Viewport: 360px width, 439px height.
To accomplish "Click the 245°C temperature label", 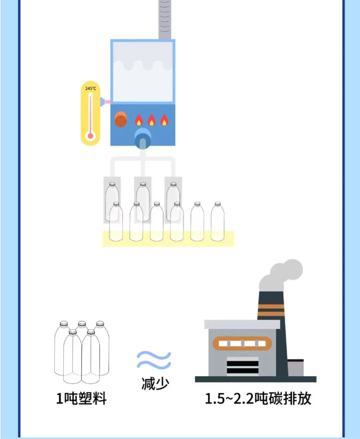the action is click(90, 88).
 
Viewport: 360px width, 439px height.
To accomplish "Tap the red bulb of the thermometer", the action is click(90, 136).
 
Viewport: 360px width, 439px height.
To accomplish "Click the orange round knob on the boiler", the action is click(121, 120).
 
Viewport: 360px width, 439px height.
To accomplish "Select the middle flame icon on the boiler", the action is click(152, 120).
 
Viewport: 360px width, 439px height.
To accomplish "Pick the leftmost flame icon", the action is click(139, 120).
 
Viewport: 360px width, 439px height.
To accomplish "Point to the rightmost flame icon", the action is click(164, 120).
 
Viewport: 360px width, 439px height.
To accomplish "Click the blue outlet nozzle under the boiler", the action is click(143, 139).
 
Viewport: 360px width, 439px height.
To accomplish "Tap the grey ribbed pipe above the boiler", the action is click(165, 20).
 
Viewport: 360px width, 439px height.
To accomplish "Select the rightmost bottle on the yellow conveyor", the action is click(217, 221).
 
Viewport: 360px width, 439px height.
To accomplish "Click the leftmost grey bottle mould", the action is click(112, 200).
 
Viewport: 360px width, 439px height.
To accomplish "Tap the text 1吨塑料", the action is click(81, 398).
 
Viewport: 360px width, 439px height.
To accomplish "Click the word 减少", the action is click(155, 383).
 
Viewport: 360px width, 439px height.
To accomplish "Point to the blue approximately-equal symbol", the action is click(154, 360).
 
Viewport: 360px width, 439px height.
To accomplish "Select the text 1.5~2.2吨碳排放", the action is click(258, 398).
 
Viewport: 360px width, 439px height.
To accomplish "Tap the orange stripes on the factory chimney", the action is click(271, 310).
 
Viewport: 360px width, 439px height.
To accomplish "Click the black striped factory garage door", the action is click(242, 366).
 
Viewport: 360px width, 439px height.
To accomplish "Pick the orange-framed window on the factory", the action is click(242, 343).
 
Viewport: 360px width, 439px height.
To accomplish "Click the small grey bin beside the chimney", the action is click(296, 368).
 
